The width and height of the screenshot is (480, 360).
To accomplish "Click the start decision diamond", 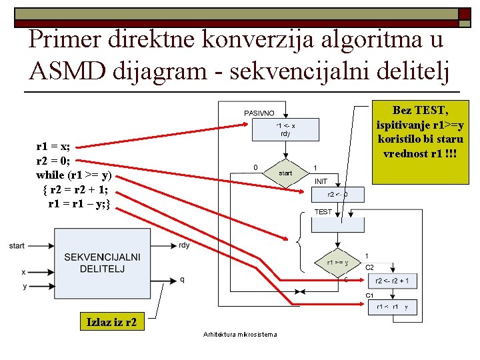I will (x=285, y=173).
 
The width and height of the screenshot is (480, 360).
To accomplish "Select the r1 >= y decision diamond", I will (x=337, y=263).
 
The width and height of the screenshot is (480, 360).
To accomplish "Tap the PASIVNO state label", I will (x=259, y=113).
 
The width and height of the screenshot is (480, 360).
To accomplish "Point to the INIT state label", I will (x=321, y=181).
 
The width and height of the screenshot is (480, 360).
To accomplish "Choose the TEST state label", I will (x=323, y=212).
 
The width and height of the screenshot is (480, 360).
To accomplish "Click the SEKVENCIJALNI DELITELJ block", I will (x=102, y=262).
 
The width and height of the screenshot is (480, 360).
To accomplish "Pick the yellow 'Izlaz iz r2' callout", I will (x=112, y=323).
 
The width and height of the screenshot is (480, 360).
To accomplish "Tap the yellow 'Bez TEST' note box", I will (x=420, y=143).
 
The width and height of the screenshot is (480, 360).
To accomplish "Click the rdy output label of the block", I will (x=184, y=245).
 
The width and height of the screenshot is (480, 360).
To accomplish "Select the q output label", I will (x=182, y=280).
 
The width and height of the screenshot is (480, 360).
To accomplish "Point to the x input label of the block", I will (x=23, y=272).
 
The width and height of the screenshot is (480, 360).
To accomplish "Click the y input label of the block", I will (x=23, y=286).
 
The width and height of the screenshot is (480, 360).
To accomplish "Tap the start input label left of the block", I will (x=17, y=245).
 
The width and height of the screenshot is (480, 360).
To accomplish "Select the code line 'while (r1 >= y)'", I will (x=73, y=176).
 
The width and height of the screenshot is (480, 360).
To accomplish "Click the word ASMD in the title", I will (x=67, y=69).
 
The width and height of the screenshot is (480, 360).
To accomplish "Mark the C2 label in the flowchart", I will (x=369, y=267).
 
